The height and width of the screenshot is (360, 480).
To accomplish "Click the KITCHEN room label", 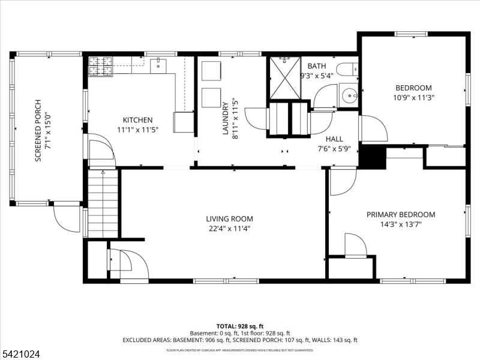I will coord(137,120).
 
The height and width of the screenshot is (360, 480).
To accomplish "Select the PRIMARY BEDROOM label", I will coord(401,214).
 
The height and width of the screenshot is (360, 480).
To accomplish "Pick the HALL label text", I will coord(334,139).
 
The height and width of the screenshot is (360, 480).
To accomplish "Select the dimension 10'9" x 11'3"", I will coord(413,97).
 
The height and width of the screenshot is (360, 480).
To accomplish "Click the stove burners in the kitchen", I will coord(101,67).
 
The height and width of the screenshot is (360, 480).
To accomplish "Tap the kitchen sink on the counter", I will coord(159,64).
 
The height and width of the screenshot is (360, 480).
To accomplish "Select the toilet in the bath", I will coord(346,70).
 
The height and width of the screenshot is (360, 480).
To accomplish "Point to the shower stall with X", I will coord(284,78).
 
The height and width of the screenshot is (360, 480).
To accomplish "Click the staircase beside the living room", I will coord(103,203).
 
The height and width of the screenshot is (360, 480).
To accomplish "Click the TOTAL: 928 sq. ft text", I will coord(239,325).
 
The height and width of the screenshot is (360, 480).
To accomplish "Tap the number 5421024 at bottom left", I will coord(21,355).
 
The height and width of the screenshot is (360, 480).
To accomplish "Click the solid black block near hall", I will coord(371,158).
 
